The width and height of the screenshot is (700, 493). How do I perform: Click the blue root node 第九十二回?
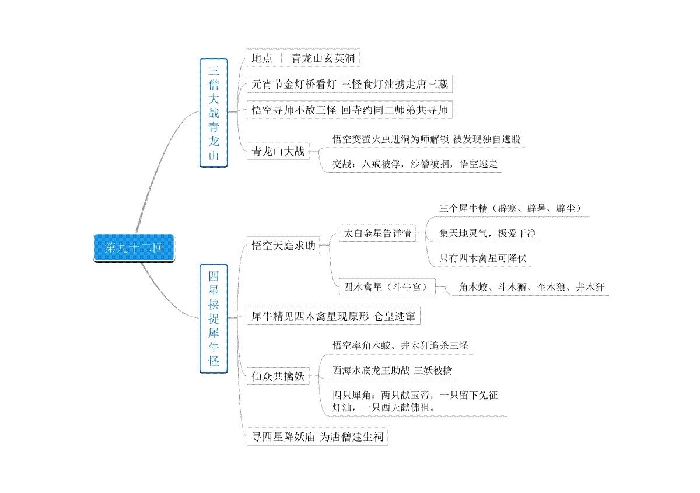(x=134, y=247)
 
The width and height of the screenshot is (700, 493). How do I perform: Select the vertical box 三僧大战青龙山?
(x=213, y=113)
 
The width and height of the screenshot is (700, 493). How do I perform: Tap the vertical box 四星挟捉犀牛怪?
(x=213, y=319)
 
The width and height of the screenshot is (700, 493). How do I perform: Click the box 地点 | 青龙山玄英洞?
(x=303, y=58)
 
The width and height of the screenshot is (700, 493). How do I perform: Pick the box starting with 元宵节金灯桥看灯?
(x=349, y=84)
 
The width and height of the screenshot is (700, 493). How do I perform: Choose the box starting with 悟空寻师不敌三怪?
(x=349, y=110)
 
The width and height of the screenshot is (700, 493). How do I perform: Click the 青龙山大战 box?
(x=278, y=151)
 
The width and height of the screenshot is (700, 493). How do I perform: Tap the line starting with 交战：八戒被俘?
(x=415, y=164)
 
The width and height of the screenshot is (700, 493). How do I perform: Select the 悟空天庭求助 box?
(x=283, y=246)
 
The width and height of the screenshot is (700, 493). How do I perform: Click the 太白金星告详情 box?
(x=377, y=233)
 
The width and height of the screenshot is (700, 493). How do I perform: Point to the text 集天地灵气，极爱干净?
(x=487, y=233)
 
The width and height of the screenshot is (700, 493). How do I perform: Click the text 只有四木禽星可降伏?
(x=483, y=258)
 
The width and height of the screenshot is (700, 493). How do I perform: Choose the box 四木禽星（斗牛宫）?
(x=387, y=286)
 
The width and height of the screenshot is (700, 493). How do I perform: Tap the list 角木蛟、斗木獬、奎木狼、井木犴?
(x=531, y=287)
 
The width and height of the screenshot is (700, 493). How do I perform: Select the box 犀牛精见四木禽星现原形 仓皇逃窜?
(x=334, y=316)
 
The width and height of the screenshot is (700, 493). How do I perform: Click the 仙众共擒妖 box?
(x=278, y=376)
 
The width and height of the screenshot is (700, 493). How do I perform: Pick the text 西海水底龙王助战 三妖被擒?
(x=392, y=370)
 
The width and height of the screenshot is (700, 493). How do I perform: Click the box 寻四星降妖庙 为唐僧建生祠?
(x=317, y=436)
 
